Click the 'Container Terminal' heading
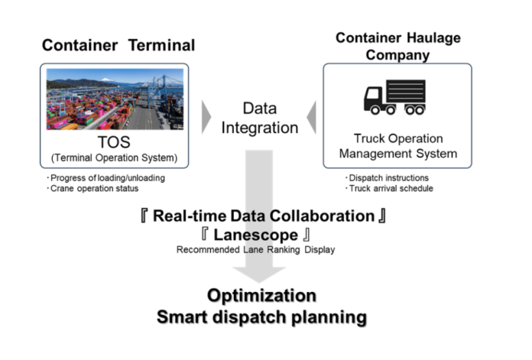[x=118, y=45]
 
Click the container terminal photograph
[x=115, y=99]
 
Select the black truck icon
[x=394, y=97]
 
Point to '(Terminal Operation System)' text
[x=115, y=157]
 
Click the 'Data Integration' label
[x=259, y=118]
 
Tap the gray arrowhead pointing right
[x=206, y=116]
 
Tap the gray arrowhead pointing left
[x=312, y=116]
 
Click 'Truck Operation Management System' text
[x=397, y=146]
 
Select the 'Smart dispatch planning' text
[x=262, y=316]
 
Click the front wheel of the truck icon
[x=374, y=109]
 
